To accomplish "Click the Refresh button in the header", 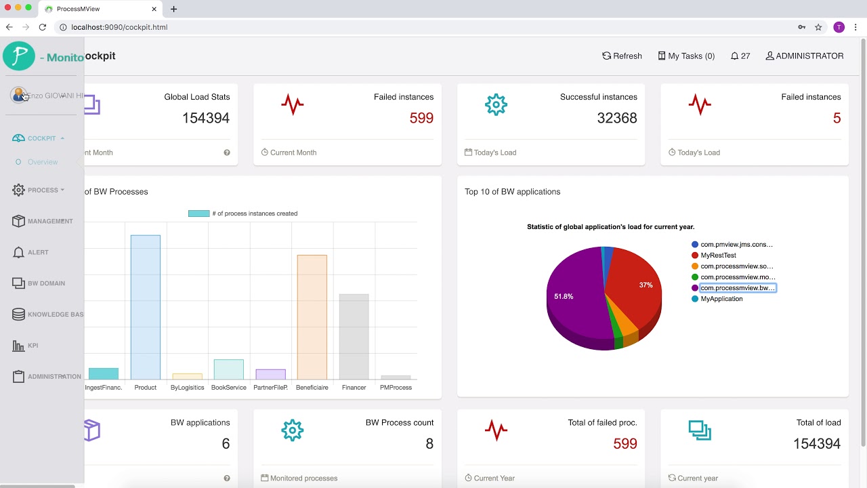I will click(x=622, y=56).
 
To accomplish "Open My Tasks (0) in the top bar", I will click(x=686, y=56).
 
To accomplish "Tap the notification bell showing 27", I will click(x=740, y=56).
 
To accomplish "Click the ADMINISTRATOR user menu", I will click(x=804, y=56).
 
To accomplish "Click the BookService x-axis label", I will click(x=228, y=388).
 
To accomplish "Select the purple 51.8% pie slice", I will click(x=576, y=298).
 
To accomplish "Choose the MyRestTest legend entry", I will click(x=718, y=256).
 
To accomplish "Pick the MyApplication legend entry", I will click(x=721, y=299).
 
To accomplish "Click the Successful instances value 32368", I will click(x=616, y=118).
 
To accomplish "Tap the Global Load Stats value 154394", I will click(x=205, y=118).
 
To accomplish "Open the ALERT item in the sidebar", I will click(x=38, y=252).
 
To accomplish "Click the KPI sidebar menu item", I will click(x=33, y=346).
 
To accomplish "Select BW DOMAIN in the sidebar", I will click(x=46, y=283).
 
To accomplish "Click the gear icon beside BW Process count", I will click(x=293, y=430).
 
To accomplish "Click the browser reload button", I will click(x=42, y=27).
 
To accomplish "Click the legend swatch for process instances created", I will click(x=198, y=213).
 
